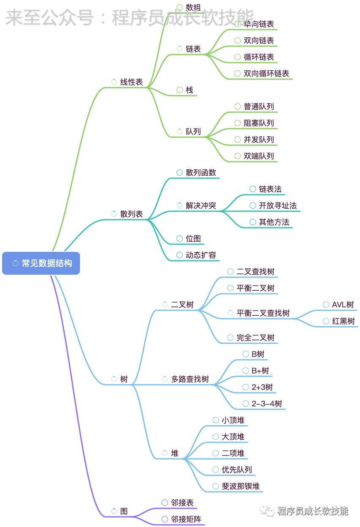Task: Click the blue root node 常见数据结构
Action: tap(41, 263)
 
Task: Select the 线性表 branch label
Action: tap(132, 82)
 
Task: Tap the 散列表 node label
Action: tap(132, 214)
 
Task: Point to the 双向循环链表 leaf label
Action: tap(266, 74)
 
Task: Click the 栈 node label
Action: tap(190, 90)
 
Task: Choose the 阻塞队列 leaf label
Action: tap(258, 123)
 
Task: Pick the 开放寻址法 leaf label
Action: tap(278, 206)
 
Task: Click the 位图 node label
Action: tap(193, 239)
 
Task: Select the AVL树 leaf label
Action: tap(343, 305)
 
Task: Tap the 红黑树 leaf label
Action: tap(344, 321)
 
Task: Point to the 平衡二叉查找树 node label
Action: tap(263, 313)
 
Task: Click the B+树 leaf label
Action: tap(260, 370)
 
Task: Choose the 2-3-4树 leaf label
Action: tap(267, 404)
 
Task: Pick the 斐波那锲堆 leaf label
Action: tap(241, 486)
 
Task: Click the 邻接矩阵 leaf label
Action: tap(186, 519)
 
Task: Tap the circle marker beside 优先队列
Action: tap(215, 469)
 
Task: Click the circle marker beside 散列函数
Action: tap(179, 172)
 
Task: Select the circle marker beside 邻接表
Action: tap(165, 502)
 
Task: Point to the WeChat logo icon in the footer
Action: tap(267, 511)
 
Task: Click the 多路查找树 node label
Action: tap(190, 379)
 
